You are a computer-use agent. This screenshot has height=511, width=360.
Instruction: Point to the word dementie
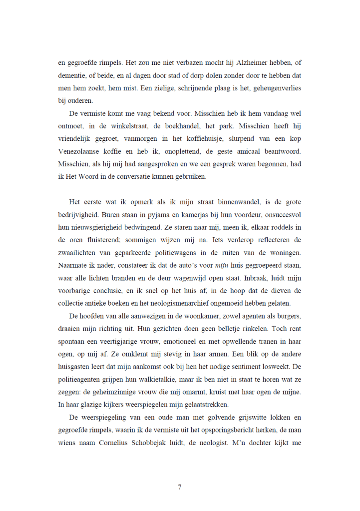click(74, 76)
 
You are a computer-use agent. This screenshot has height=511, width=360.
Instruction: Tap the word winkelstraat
click(136, 126)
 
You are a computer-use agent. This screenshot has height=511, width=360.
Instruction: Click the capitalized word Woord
click(103, 177)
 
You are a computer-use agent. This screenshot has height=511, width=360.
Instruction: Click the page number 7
click(180, 488)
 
